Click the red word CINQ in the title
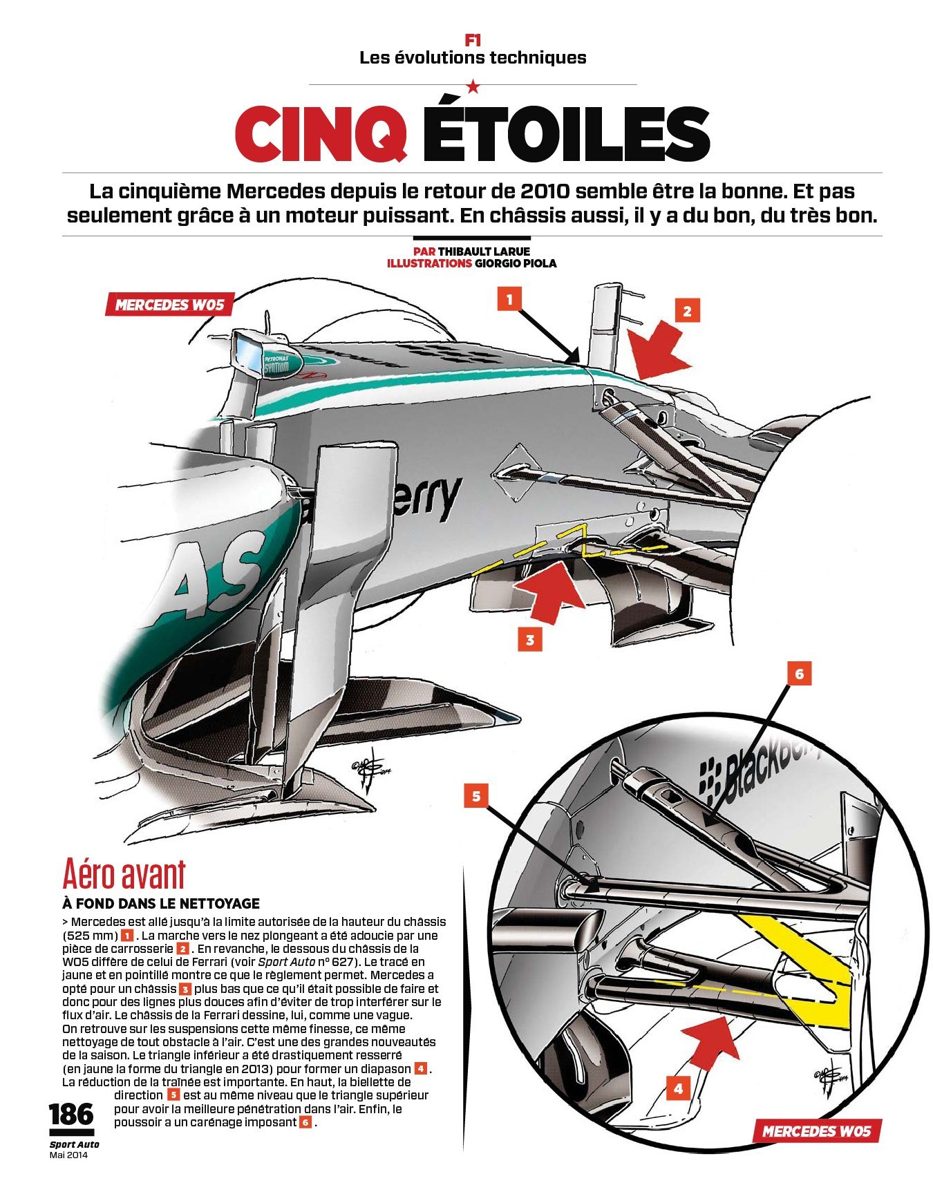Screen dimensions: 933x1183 coord(321,132)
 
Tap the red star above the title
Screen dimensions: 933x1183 coord(473,86)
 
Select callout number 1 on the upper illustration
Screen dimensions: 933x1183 coord(509,299)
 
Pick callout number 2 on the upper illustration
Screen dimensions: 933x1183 coord(686,311)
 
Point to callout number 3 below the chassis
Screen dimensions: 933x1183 coord(530,640)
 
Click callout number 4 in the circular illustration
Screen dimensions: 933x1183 coord(678,1089)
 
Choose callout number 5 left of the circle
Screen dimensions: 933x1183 coord(476,796)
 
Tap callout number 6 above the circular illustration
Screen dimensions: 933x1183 coord(800,673)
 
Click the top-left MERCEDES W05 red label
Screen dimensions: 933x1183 coord(169,305)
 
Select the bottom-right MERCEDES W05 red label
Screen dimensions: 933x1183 coord(816,1131)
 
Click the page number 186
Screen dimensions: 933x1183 coord(70,1115)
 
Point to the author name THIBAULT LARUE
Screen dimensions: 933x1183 coord(484,251)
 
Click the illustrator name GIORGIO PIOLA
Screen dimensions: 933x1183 coord(516,263)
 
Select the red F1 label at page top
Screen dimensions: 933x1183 coord(473,41)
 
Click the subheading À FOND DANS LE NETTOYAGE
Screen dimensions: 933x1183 coord(161,903)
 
